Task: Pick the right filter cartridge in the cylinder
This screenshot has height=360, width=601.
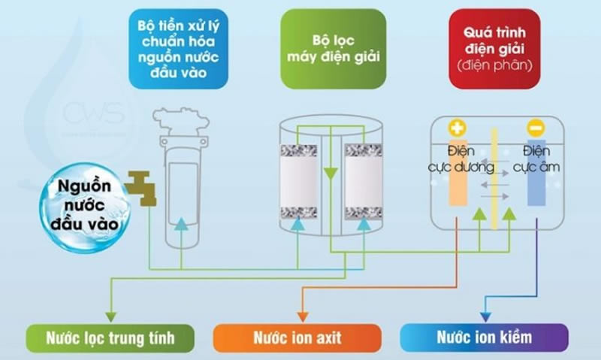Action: [360, 180]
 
